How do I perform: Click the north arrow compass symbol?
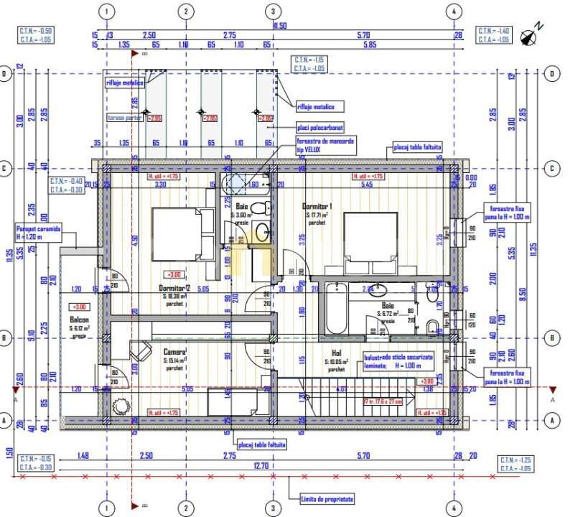click(x=533, y=34)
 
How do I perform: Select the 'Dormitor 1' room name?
click(x=316, y=206)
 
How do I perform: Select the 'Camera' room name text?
click(x=174, y=351)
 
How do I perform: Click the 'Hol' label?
click(x=336, y=353)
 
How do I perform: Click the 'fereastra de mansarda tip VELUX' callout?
click(x=325, y=145)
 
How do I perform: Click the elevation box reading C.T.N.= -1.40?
click(x=494, y=35)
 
